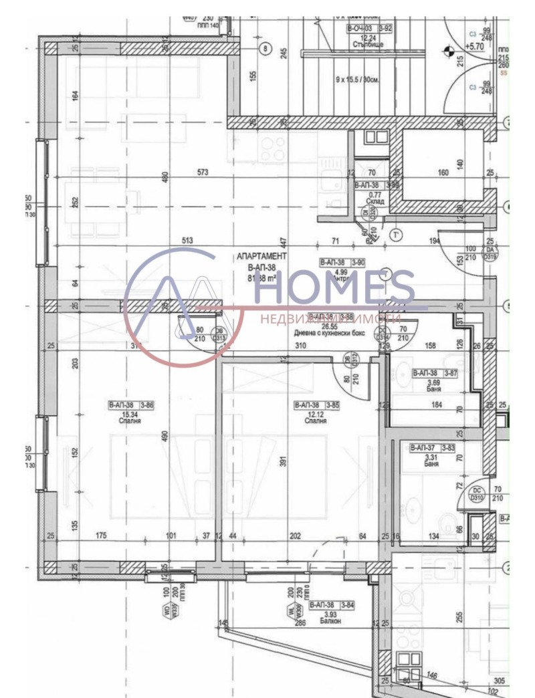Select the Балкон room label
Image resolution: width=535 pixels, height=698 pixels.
(x=326, y=621)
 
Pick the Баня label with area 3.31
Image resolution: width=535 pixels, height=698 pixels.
(x=431, y=463)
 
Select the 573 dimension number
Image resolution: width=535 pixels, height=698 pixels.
(x=203, y=172)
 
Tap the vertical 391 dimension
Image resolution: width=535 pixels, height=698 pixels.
(x=283, y=463)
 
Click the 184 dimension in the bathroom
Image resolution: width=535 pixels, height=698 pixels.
(x=437, y=404)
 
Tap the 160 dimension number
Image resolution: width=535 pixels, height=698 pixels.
(x=443, y=172)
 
